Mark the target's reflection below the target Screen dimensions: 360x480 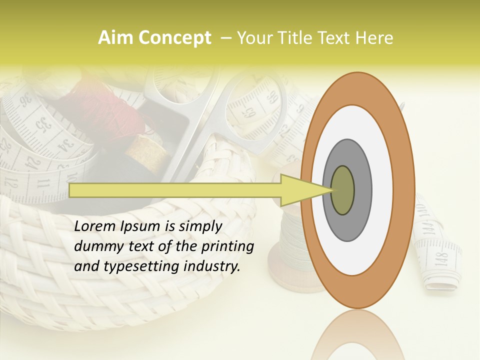[357, 335]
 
